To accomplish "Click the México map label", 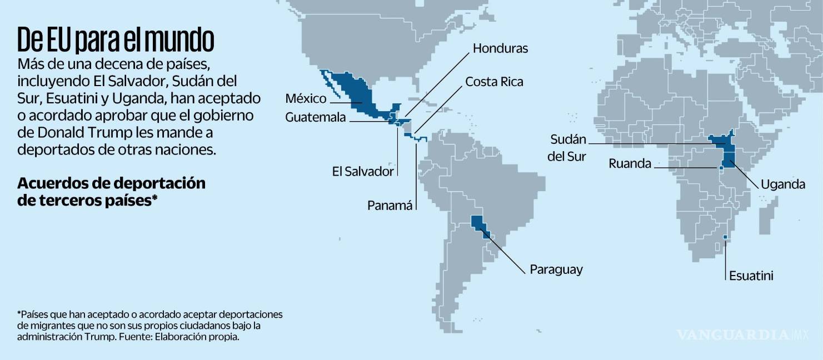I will click(x=306, y=99).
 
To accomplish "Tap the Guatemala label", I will click(x=315, y=118).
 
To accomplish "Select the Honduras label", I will click(x=500, y=48).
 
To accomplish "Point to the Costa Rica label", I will click(x=494, y=82).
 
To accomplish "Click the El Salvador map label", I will click(x=363, y=171).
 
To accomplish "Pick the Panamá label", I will click(x=390, y=206).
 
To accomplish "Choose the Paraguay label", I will click(x=556, y=269).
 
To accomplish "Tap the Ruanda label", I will click(x=630, y=163).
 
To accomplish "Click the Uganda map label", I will click(x=782, y=184).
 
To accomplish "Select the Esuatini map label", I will click(x=751, y=276).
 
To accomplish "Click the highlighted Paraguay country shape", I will click(x=479, y=224).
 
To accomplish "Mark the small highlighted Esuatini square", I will click(x=725, y=238).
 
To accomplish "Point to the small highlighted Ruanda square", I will click(x=721, y=167).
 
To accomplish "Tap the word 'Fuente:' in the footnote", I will click(x=134, y=337).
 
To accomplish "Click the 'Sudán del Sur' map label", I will click(x=567, y=147).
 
